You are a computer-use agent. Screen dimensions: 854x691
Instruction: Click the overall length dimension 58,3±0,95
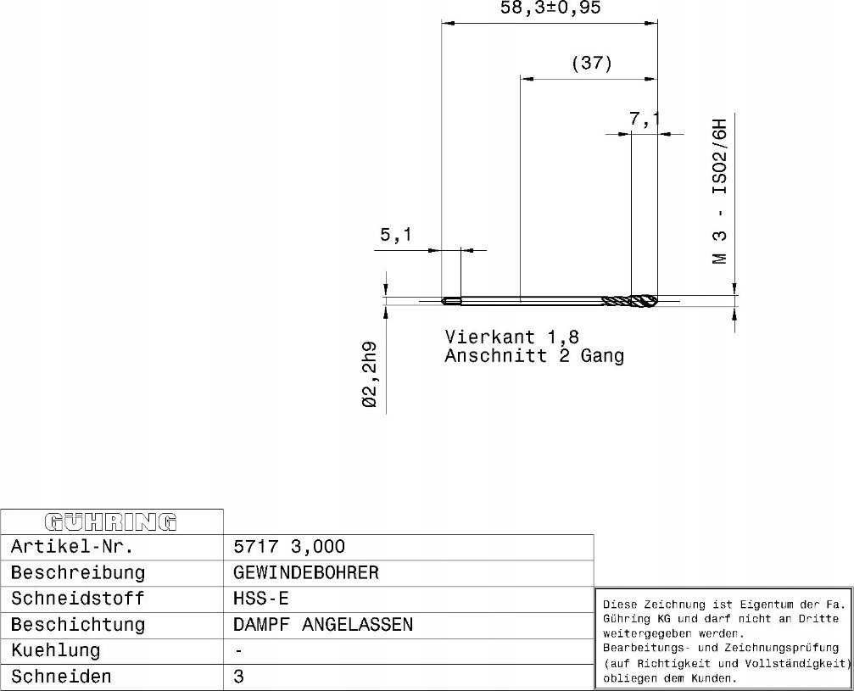coord(550,8)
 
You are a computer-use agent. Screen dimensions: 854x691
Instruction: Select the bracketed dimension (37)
coord(592,63)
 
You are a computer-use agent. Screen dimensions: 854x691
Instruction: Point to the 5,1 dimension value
coord(396,235)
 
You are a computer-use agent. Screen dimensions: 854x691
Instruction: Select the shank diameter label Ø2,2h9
coord(369,375)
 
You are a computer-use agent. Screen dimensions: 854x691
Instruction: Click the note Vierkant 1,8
coord(512,337)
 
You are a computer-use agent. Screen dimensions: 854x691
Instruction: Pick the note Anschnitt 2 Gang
coord(534,356)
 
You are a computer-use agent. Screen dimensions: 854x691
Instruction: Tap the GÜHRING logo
coord(111,521)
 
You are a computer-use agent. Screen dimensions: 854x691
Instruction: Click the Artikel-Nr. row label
coord(72,547)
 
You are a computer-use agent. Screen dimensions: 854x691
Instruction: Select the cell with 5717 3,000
coord(288,547)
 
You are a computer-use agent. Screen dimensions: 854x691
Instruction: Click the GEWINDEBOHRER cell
coord(305,573)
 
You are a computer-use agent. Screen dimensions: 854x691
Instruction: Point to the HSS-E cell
coord(261,599)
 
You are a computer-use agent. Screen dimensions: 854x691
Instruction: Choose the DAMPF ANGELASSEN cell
coord(323,625)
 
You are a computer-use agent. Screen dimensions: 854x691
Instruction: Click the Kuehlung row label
coord(56,650)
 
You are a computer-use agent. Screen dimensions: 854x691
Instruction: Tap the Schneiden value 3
coord(238,677)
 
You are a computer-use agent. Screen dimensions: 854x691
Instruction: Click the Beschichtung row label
coord(78,625)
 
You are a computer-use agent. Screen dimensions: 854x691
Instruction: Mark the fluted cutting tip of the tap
coord(630,301)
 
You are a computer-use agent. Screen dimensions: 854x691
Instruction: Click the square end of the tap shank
coord(451,301)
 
